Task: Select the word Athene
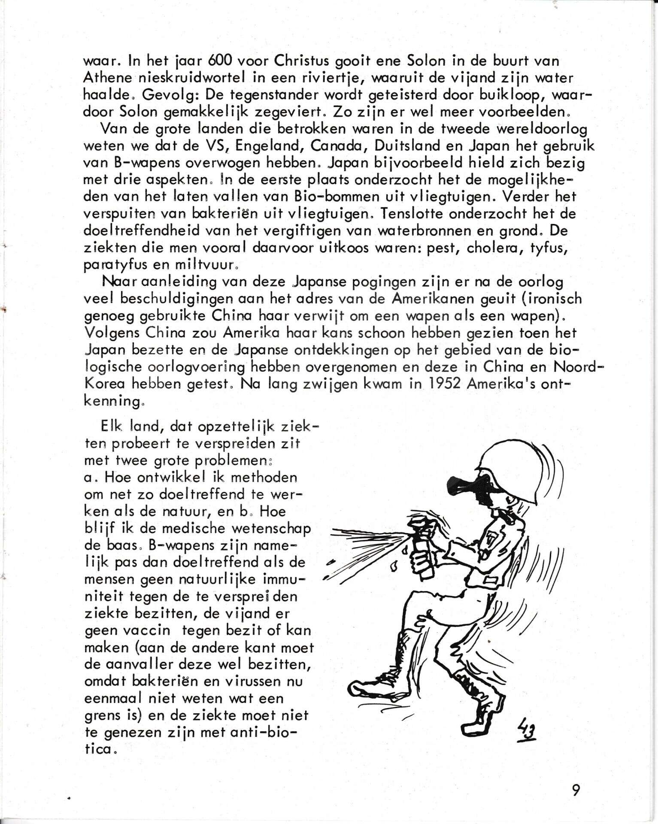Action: [104, 78]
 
